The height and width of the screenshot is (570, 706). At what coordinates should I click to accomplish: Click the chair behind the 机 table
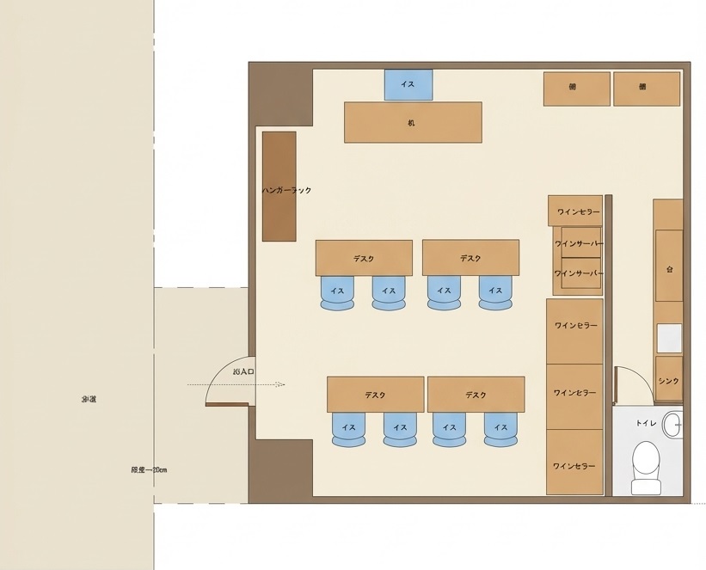[408, 84]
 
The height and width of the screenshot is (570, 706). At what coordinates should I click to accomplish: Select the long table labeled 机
[412, 122]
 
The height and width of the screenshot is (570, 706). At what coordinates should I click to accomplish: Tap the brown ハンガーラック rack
[279, 187]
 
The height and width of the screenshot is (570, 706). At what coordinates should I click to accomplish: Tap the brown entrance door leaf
[227, 404]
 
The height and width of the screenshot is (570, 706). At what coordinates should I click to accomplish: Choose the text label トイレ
[646, 423]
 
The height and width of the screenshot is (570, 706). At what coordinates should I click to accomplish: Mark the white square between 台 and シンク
[669, 338]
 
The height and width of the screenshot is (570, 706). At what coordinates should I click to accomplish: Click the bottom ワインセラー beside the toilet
[574, 464]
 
